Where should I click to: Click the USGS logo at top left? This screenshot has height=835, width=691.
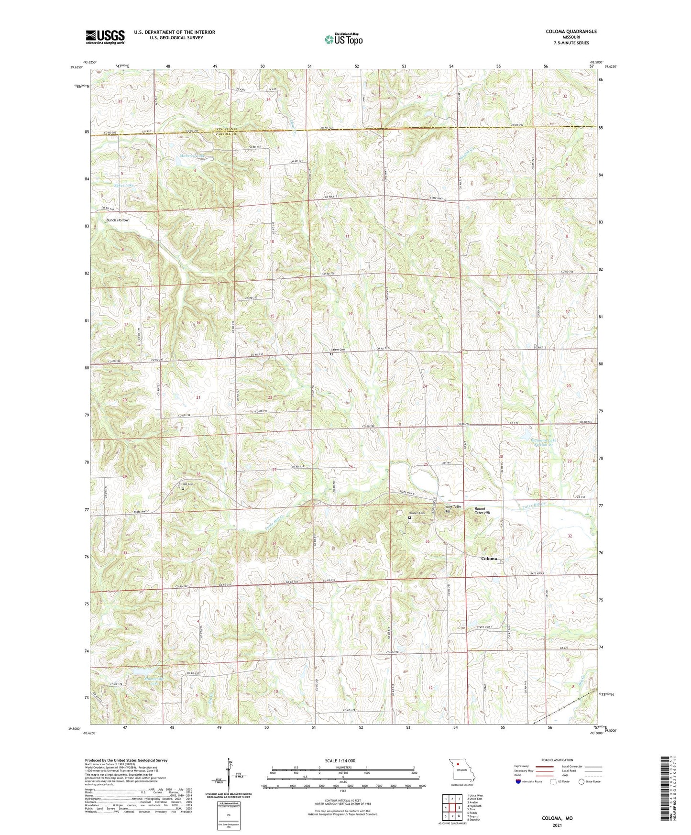(105, 37)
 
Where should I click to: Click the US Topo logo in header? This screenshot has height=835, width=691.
(343, 39)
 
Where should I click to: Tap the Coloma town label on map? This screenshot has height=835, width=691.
(489, 559)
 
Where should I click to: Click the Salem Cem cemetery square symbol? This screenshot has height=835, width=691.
(331, 354)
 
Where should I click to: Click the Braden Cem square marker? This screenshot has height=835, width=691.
(409, 517)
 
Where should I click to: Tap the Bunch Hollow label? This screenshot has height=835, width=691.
(117, 220)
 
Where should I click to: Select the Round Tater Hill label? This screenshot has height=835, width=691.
(482, 511)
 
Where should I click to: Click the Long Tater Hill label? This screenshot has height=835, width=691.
(453, 509)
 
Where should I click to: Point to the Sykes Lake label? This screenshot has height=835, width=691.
(124, 185)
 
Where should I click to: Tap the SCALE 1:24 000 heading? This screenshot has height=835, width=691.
(340, 760)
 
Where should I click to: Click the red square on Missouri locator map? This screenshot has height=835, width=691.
(458, 764)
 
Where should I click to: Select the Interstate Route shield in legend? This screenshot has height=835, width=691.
(518, 781)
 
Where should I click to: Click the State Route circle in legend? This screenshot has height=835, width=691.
(581, 781)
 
